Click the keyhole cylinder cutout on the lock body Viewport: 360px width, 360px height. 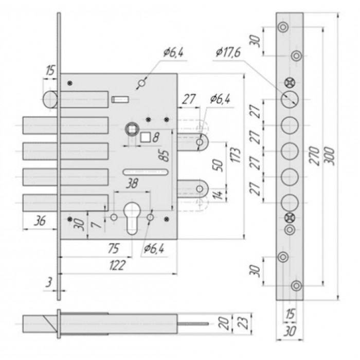(132, 218)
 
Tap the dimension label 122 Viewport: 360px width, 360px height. (117, 265)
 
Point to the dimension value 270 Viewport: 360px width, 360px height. (315, 156)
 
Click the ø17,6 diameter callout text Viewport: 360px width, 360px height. (228, 52)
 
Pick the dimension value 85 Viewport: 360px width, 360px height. (165, 156)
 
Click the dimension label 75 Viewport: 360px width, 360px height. (114, 248)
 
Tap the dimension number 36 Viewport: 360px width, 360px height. (40, 221)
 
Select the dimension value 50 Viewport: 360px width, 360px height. (218, 165)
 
